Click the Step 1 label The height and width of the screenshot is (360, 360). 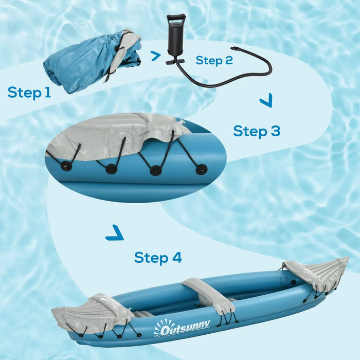click(29, 93)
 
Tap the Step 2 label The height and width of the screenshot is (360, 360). click(214, 60)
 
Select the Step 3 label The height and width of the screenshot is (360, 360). click(257, 131)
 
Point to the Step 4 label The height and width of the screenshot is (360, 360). click(158, 257)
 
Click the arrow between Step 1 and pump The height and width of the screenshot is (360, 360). click(156, 56)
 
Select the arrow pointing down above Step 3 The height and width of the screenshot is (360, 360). click(266, 102)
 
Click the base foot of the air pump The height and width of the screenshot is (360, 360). click(176, 62)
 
